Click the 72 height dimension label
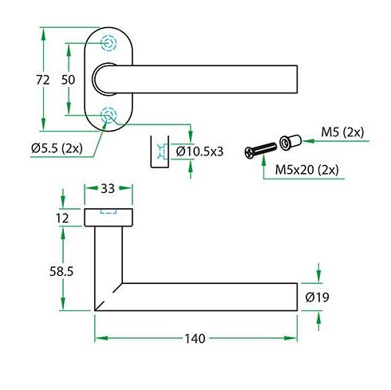click(43, 80)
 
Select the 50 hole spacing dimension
click(68, 80)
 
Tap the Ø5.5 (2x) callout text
click(57, 148)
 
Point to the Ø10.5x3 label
click(199, 152)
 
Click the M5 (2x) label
click(342, 132)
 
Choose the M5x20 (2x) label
click(307, 170)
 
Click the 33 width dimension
click(108, 188)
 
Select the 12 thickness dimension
click(62, 219)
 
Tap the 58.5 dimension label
click(61, 271)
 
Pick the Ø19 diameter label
click(318, 297)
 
